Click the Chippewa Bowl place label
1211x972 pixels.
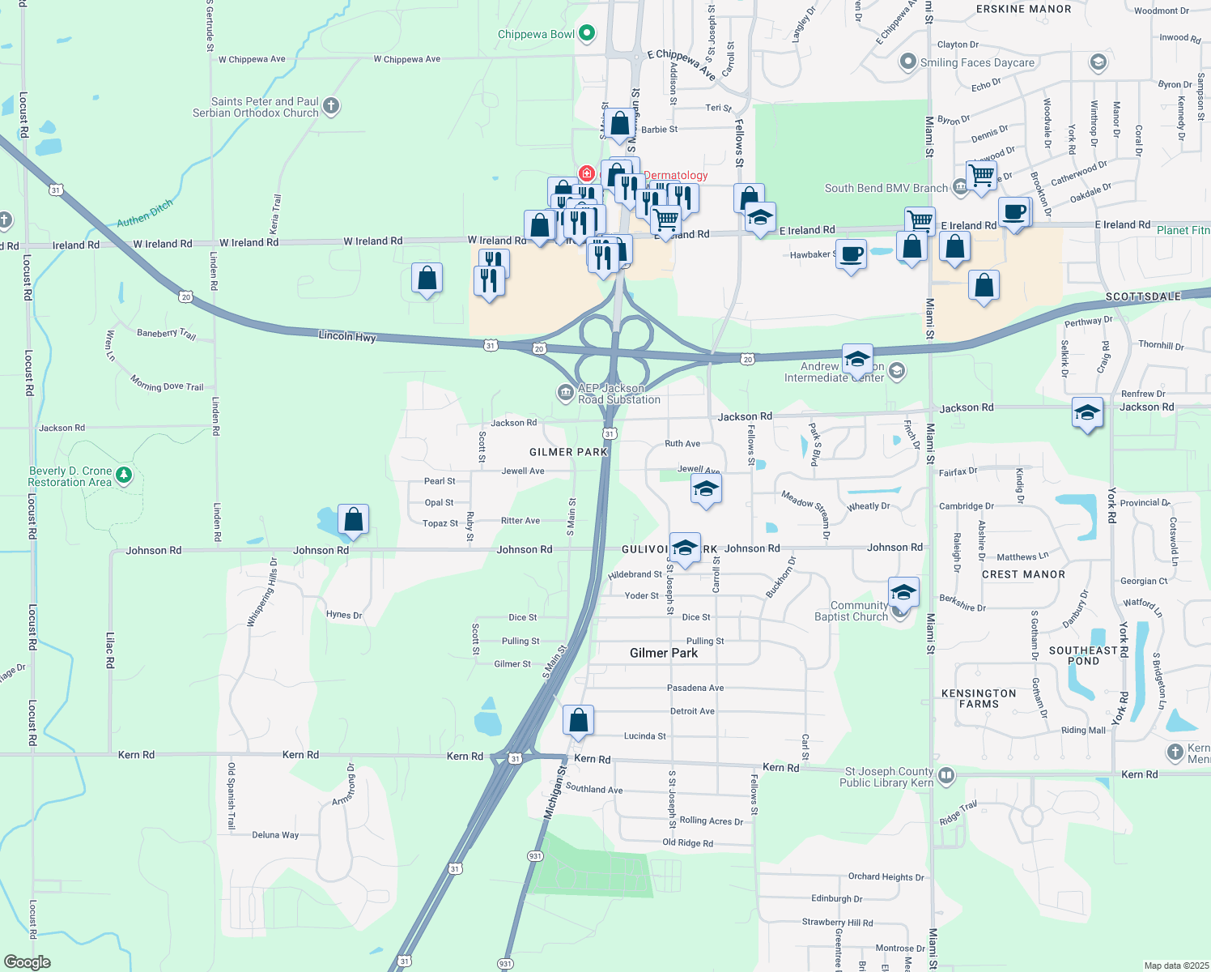click(536, 34)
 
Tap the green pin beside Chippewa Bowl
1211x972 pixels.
click(588, 33)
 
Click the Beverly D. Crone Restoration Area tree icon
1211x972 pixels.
click(124, 475)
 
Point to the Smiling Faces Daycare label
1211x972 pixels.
click(977, 62)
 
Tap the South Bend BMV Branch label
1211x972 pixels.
click(886, 188)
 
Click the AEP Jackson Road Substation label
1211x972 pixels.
click(618, 394)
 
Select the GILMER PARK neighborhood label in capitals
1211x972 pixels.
click(568, 452)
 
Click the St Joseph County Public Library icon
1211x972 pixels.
click(945, 776)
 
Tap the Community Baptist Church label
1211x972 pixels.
click(851, 611)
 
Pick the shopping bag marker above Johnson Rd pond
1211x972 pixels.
click(353, 519)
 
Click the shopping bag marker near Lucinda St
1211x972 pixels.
click(579, 720)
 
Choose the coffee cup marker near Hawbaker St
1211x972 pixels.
click(851, 255)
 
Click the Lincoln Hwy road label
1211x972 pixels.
click(347, 335)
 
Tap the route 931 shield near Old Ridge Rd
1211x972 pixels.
click(535, 856)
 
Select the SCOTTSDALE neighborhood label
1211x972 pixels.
click(1143, 296)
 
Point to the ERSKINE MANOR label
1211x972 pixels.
click(1023, 9)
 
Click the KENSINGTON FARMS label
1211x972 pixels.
click(979, 698)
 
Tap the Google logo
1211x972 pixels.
click(27, 961)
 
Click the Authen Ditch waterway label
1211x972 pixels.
click(145, 213)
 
